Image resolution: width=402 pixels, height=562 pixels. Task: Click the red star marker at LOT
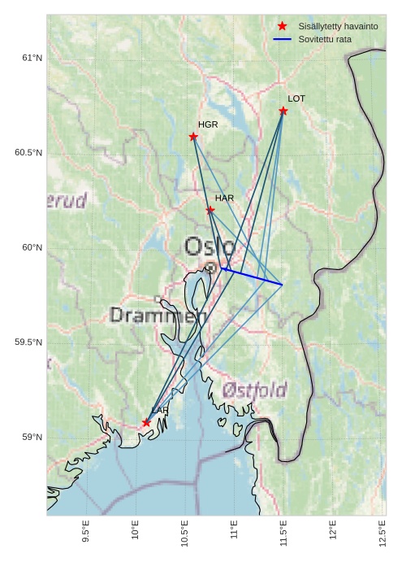[283, 111]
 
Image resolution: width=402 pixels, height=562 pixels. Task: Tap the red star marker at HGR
[193, 137]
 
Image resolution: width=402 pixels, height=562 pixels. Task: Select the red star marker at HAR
[210, 210]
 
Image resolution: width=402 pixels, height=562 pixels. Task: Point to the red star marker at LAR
[146, 423]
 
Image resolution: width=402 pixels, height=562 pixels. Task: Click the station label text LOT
[296, 98]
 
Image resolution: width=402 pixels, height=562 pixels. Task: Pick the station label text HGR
[208, 124]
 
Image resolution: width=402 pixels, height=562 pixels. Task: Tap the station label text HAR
[224, 198]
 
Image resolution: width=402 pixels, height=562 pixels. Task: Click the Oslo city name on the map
[210, 246]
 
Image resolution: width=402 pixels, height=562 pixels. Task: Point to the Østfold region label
[254, 391]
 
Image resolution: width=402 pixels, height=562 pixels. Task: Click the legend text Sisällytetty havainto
[338, 27]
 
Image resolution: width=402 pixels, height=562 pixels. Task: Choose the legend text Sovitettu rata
[325, 39]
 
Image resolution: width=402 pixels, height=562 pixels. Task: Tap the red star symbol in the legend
[283, 27]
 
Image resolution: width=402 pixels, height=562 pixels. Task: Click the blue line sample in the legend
[283, 39]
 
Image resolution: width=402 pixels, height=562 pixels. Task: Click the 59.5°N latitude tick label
[28, 342]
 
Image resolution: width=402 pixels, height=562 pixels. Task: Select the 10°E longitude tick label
[136, 532]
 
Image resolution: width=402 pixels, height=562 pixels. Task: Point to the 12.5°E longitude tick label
[383, 532]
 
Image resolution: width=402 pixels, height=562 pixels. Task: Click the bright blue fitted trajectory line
[252, 277]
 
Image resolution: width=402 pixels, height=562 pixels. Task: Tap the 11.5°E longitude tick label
[284, 532]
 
